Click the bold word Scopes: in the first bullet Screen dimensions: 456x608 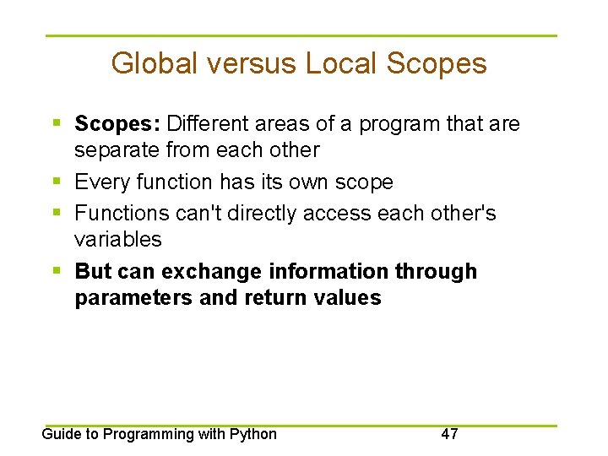[x=117, y=124]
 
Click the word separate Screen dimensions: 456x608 [x=115, y=150]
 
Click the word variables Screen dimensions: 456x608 [x=117, y=239]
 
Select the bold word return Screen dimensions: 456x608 [x=274, y=298]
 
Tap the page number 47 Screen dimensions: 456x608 [x=450, y=434]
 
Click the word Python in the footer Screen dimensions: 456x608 [x=252, y=434]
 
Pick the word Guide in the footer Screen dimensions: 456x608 [x=60, y=434]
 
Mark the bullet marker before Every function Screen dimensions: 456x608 [x=56, y=182]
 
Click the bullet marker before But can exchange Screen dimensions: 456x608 [x=56, y=271]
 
